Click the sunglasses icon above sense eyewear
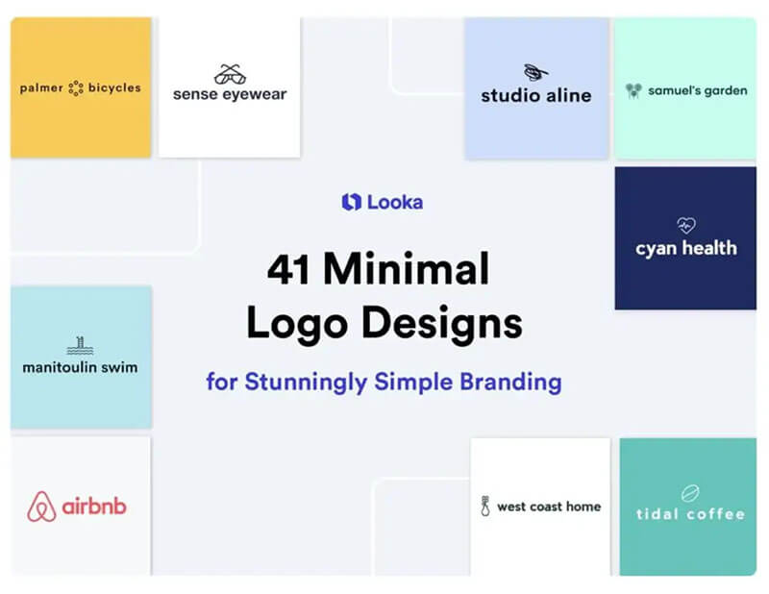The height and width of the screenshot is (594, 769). click(x=230, y=74)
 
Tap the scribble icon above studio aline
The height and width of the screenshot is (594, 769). click(x=535, y=73)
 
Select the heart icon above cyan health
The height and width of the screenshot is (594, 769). click(x=686, y=225)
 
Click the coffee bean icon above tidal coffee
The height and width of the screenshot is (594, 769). click(x=690, y=493)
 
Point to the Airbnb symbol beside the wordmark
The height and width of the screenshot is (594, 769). click(x=41, y=507)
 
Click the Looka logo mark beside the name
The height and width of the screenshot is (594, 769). click(x=351, y=202)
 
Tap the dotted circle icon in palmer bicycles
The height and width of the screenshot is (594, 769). click(x=76, y=88)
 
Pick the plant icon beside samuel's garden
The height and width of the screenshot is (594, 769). click(x=633, y=90)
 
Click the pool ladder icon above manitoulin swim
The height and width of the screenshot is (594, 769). click(x=80, y=345)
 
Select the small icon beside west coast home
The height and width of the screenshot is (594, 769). click(x=485, y=507)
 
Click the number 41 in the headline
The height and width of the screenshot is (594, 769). click(x=288, y=269)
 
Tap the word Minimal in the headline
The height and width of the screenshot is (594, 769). click(x=406, y=268)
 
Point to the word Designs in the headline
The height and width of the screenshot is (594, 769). click(x=442, y=323)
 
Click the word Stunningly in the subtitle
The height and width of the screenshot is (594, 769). click(x=306, y=383)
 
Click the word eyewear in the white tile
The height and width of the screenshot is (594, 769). click(x=255, y=94)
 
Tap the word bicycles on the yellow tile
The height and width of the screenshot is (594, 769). click(x=114, y=87)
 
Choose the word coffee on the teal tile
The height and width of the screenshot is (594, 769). click(x=715, y=514)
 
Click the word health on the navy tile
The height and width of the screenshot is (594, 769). click(x=709, y=248)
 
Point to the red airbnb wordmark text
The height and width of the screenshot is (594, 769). click(x=94, y=506)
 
